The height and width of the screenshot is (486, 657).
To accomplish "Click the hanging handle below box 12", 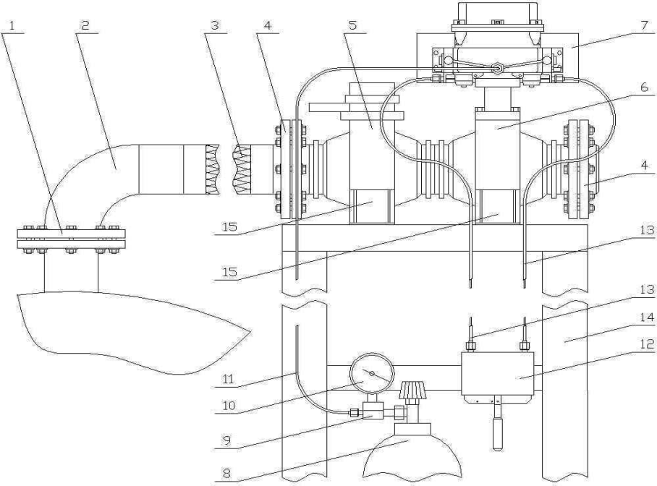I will tap(497, 431).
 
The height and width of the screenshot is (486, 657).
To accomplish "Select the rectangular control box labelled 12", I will tap(498, 373).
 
